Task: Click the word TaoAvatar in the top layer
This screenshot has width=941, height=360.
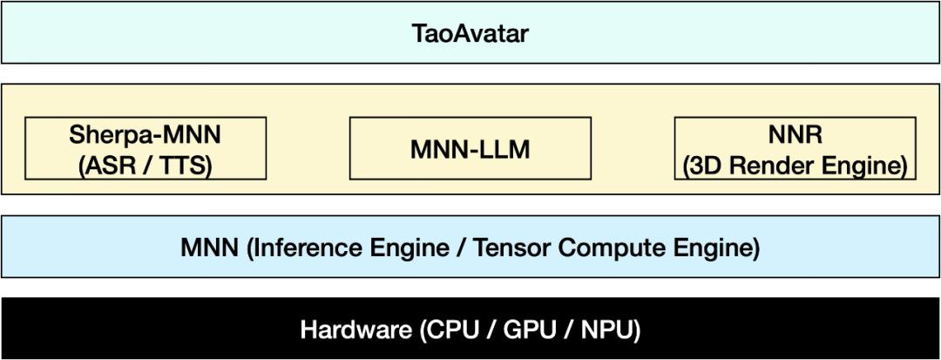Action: (x=470, y=34)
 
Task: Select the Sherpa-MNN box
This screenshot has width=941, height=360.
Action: (x=146, y=148)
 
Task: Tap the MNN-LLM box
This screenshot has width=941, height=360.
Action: (x=470, y=148)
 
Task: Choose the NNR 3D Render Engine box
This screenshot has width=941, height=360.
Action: (x=795, y=148)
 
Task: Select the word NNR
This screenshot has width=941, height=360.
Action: (x=795, y=135)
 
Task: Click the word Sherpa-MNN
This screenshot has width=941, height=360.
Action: (x=146, y=135)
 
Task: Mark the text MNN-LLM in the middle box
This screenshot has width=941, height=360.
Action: (x=470, y=149)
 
